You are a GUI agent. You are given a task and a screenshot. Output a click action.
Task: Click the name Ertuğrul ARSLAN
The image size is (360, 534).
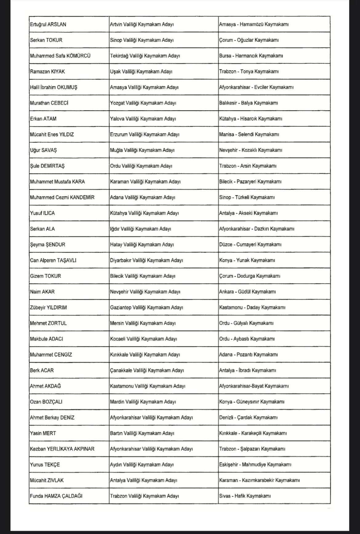click(x=48, y=24)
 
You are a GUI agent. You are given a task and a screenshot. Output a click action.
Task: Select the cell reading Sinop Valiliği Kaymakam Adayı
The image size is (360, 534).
click(x=142, y=40)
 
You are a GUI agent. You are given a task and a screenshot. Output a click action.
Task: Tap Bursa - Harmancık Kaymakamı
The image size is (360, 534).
click(x=251, y=56)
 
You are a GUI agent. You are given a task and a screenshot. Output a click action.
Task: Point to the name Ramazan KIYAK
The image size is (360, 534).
click(x=47, y=72)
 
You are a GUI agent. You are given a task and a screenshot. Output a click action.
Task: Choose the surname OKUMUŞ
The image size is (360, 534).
click(x=67, y=87)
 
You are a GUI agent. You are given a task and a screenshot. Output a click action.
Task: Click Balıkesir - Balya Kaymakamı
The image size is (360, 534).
click(x=249, y=103)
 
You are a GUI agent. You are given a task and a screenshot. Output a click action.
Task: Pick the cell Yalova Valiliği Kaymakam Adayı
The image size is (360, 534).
click(x=143, y=119)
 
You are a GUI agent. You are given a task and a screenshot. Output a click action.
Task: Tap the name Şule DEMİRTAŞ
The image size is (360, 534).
click(x=47, y=166)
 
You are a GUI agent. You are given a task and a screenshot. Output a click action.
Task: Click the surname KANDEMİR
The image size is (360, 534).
click(x=82, y=197)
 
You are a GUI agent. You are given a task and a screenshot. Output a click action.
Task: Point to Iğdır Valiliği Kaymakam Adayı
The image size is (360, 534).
click(x=141, y=229)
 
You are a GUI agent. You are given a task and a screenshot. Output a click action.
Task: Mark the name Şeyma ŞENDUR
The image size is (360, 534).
click(x=48, y=245)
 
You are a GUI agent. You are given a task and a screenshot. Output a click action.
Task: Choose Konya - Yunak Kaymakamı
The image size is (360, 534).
click(x=247, y=260)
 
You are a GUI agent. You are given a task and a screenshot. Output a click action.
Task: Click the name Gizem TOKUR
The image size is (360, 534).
click(x=46, y=276)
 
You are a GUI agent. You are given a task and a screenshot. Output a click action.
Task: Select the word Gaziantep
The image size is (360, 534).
click(x=121, y=308)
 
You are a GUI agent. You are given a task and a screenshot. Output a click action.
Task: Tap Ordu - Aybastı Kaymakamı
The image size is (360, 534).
click(x=247, y=339)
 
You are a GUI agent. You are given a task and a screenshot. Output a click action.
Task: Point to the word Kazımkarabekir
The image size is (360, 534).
click(x=258, y=480)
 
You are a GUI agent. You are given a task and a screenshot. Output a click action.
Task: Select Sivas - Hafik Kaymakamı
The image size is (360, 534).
click(x=245, y=496)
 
